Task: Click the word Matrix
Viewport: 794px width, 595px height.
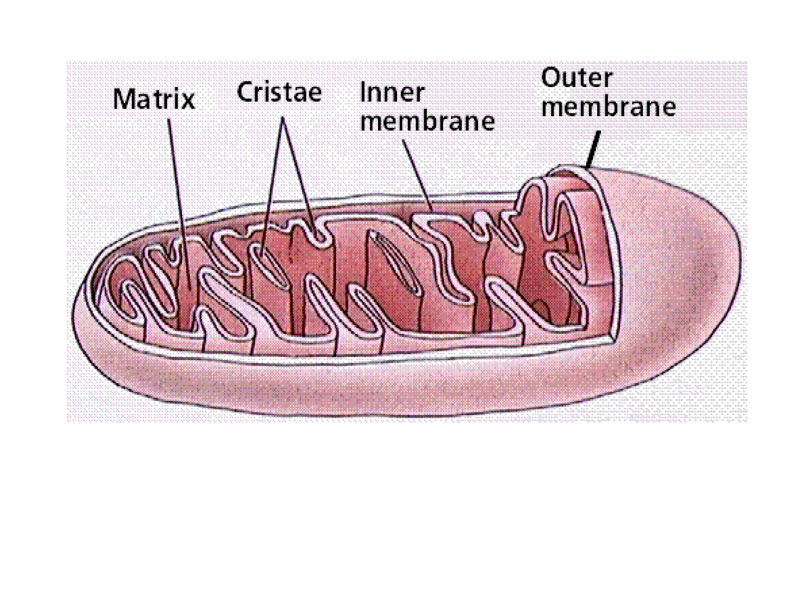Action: pyautogui.click(x=154, y=99)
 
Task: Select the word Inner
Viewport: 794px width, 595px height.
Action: pyautogui.click(x=392, y=93)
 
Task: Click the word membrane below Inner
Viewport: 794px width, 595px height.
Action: pyautogui.click(x=428, y=122)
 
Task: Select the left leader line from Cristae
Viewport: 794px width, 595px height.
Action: pyautogui.click(x=272, y=186)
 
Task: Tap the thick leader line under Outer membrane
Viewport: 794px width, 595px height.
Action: pyautogui.click(x=593, y=150)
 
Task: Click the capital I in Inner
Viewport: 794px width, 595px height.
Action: pyautogui.click(x=363, y=93)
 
